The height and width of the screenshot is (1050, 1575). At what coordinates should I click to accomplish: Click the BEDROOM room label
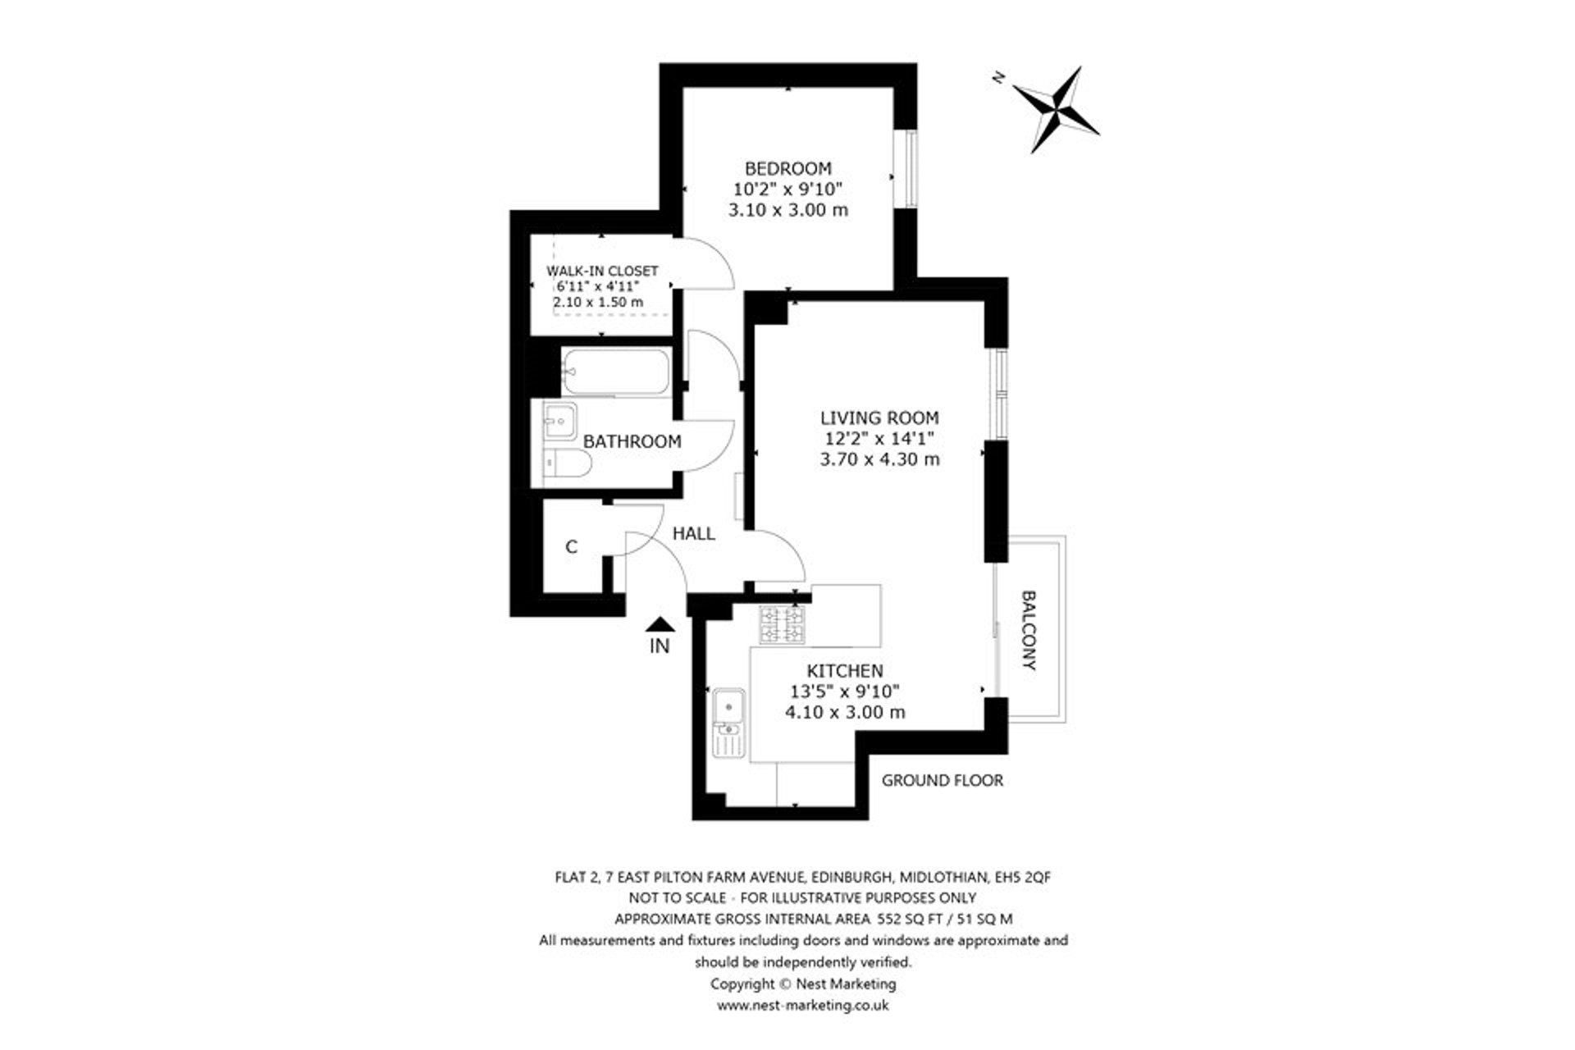(787, 168)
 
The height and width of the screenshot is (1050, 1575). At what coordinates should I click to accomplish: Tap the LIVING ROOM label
(879, 418)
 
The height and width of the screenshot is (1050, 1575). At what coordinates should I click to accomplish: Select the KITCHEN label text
(844, 671)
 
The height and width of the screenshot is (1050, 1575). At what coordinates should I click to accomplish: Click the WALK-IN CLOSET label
(602, 271)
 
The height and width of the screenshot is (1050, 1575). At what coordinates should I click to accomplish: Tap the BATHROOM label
(632, 441)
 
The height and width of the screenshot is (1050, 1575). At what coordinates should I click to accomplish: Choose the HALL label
(693, 533)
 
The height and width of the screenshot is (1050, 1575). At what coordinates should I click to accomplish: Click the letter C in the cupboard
(572, 546)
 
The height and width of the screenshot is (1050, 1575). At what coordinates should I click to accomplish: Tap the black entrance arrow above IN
(660, 625)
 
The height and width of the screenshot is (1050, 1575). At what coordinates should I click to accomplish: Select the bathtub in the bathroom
(615, 372)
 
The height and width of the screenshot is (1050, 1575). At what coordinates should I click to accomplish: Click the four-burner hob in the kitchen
(783, 625)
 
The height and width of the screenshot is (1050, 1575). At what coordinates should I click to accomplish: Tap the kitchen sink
(728, 705)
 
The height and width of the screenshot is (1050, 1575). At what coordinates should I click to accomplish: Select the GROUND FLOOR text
(942, 780)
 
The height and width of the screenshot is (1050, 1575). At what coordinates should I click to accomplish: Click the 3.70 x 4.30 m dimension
(879, 459)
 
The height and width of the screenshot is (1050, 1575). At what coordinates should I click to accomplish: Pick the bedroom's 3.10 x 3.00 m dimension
(787, 210)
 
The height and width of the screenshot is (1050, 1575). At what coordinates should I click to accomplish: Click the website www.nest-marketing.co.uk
(802, 1004)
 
